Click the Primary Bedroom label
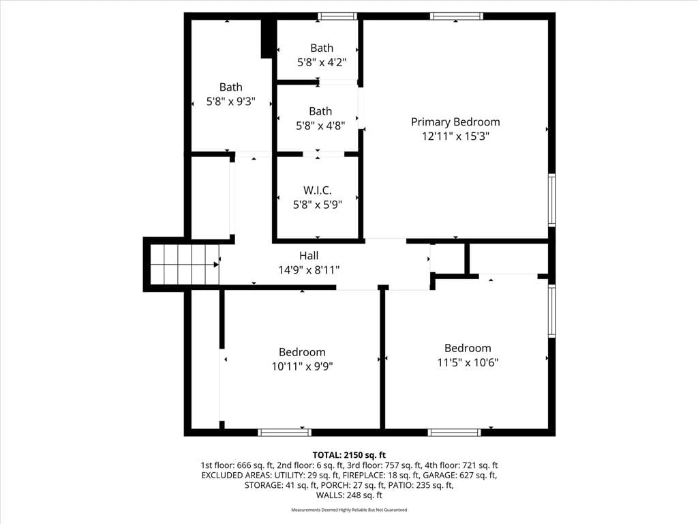click(x=455, y=121)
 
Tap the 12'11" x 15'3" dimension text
click(x=455, y=136)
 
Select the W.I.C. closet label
click(x=318, y=190)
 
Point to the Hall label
click(x=309, y=255)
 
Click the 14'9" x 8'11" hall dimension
click(x=309, y=270)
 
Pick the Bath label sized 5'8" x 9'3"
click(x=230, y=87)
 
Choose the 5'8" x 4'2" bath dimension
click(x=322, y=62)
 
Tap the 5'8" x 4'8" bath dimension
click(x=320, y=126)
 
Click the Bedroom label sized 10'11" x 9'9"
click(x=302, y=352)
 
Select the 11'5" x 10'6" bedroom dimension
click(x=468, y=362)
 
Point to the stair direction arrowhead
click(x=216, y=265)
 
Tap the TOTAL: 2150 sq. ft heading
click(x=349, y=455)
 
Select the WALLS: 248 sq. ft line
click(x=349, y=495)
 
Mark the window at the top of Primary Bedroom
click(x=456, y=16)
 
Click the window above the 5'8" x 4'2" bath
click(x=337, y=16)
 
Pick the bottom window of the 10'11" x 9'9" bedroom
click(x=284, y=432)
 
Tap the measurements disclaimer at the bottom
click(x=349, y=510)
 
